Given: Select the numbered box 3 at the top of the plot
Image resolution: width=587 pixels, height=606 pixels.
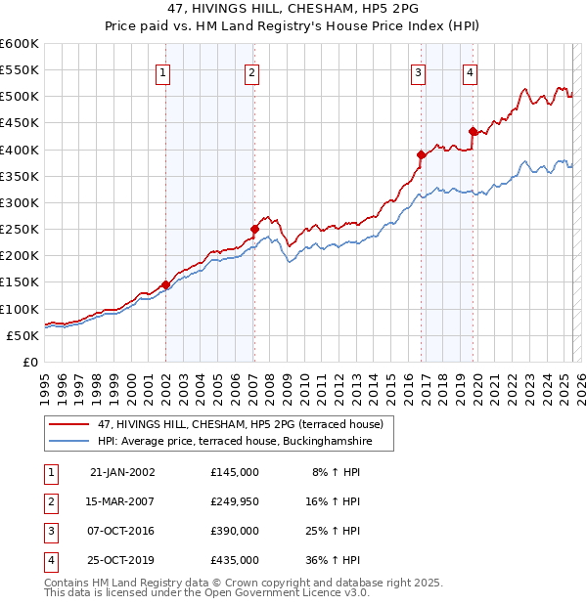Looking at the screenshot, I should [418, 71].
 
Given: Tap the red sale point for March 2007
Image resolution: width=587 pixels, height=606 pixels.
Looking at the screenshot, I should [254, 229].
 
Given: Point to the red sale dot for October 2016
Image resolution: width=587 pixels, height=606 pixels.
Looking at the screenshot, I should [421, 154].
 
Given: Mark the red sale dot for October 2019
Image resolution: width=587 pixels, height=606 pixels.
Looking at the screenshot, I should [473, 131].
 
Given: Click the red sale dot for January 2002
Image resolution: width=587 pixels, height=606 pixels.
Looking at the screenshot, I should [165, 284].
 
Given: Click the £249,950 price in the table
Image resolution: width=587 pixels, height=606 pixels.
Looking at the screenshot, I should [235, 501].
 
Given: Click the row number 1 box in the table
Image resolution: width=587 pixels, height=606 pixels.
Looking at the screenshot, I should [50, 472].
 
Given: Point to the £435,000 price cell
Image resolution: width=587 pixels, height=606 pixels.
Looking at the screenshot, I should [235, 560].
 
